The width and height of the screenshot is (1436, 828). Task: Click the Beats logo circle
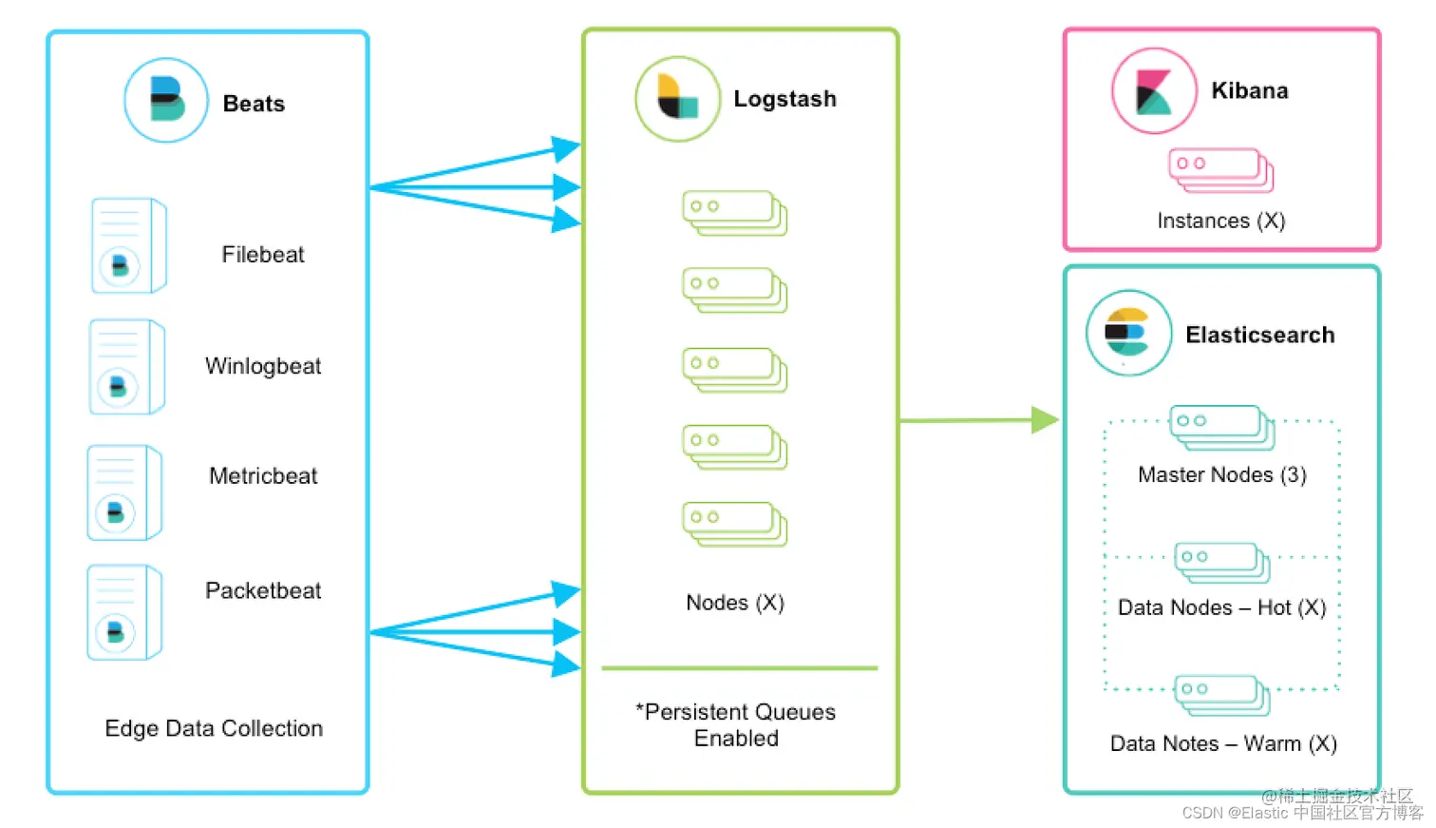(x=166, y=100)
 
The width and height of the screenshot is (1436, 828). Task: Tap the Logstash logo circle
(x=677, y=99)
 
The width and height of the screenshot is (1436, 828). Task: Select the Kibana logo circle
(x=1154, y=91)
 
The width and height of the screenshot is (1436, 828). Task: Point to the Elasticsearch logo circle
(x=1128, y=333)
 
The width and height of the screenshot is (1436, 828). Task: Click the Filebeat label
(x=263, y=255)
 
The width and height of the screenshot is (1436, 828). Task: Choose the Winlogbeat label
(x=263, y=366)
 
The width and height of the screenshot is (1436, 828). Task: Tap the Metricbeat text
(x=263, y=476)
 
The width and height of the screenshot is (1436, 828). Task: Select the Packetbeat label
(x=263, y=590)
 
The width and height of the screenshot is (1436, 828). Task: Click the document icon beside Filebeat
(x=128, y=245)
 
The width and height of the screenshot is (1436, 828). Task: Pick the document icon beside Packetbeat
(x=124, y=612)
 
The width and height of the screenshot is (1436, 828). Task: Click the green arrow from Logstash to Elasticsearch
(x=978, y=419)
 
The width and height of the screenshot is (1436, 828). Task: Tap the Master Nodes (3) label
(x=1221, y=474)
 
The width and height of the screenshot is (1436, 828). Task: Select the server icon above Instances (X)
(x=1220, y=170)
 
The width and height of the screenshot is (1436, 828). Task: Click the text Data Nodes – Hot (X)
(x=1221, y=607)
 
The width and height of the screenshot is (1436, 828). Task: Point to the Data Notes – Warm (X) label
(x=1223, y=743)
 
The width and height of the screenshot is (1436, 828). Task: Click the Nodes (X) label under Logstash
(x=735, y=603)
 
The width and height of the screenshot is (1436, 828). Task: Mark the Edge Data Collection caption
(x=214, y=728)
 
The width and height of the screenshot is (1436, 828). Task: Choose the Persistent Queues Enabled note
(x=736, y=725)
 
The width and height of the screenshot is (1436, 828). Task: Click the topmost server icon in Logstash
(x=734, y=213)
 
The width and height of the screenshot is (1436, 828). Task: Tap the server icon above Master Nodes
(x=1221, y=427)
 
